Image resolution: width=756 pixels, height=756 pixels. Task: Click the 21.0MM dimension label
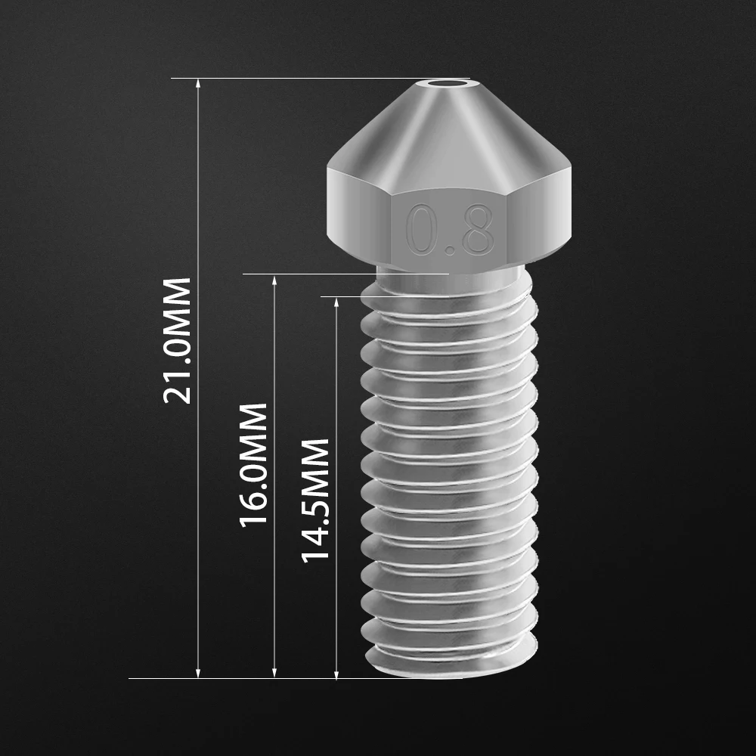[x=178, y=340]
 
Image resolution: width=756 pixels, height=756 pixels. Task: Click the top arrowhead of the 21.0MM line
[x=199, y=83]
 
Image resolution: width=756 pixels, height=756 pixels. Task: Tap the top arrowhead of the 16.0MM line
[x=274, y=280]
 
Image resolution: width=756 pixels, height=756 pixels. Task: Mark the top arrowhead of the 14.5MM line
[x=336, y=302]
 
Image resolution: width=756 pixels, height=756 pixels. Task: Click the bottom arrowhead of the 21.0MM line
[x=199, y=673]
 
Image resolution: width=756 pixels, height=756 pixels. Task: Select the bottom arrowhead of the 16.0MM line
[x=274, y=673]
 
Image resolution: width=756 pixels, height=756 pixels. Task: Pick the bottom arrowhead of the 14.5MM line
[x=336, y=673]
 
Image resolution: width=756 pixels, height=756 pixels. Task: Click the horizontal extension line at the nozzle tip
[x=302, y=78]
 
